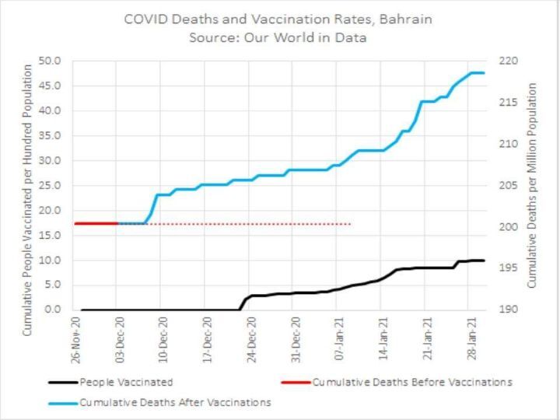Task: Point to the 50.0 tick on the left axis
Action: (51, 61)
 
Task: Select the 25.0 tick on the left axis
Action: (51, 185)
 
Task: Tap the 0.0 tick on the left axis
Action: (53, 310)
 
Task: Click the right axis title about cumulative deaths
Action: (533, 185)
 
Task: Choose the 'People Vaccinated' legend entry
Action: (125, 382)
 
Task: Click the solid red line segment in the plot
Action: (95, 223)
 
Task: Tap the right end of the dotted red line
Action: (350, 223)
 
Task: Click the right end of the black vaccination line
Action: (483, 261)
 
